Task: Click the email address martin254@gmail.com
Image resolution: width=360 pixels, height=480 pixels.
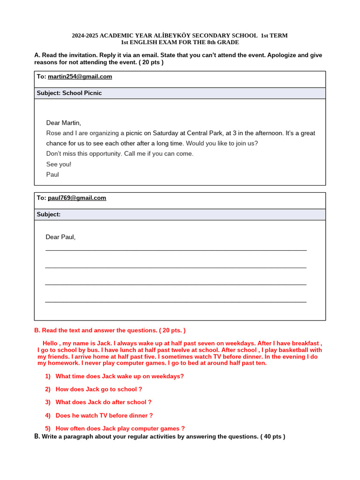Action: coord(80,76)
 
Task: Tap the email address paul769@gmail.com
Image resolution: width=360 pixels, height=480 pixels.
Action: coord(77,198)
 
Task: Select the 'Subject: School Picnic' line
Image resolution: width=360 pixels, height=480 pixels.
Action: coord(69,93)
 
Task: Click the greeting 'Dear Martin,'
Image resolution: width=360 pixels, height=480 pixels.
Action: coord(64,123)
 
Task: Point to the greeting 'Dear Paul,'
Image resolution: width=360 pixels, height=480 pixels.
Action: coord(60,237)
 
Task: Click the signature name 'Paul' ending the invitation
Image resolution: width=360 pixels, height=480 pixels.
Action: coord(52,174)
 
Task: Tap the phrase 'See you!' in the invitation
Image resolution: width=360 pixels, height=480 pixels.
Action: coord(59,164)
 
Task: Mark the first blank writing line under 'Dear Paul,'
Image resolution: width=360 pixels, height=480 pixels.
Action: coord(176,250)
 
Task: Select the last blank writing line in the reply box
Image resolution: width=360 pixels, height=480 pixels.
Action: coord(176,302)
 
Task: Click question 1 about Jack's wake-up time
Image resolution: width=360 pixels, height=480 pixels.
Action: coord(120,376)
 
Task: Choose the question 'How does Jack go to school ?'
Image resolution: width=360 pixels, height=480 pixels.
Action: coord(98,389)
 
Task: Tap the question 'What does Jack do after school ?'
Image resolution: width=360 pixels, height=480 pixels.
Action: coord(104,402)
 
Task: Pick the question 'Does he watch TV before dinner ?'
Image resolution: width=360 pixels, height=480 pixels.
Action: coord(104,415)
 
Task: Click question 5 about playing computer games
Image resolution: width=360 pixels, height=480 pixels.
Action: coord(120,428)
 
